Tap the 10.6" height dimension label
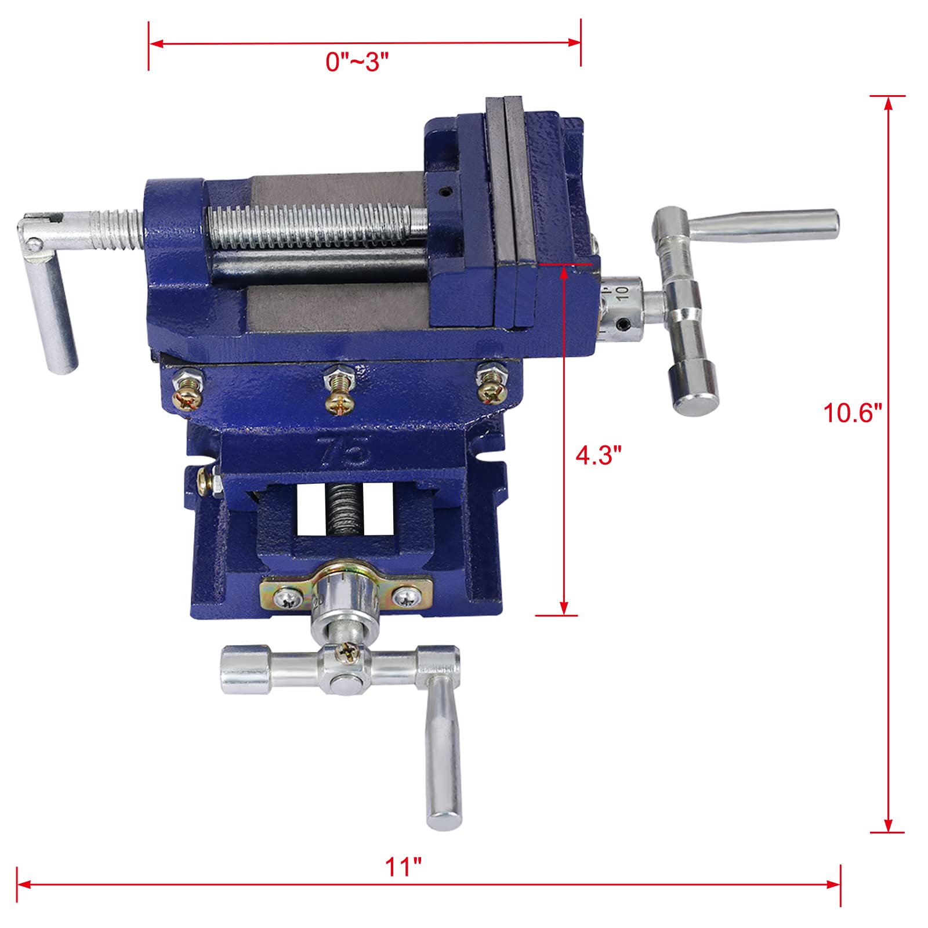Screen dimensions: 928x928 852,413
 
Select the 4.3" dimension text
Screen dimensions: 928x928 598,455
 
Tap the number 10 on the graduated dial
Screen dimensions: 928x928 623,293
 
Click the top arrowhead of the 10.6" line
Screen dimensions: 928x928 888,103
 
